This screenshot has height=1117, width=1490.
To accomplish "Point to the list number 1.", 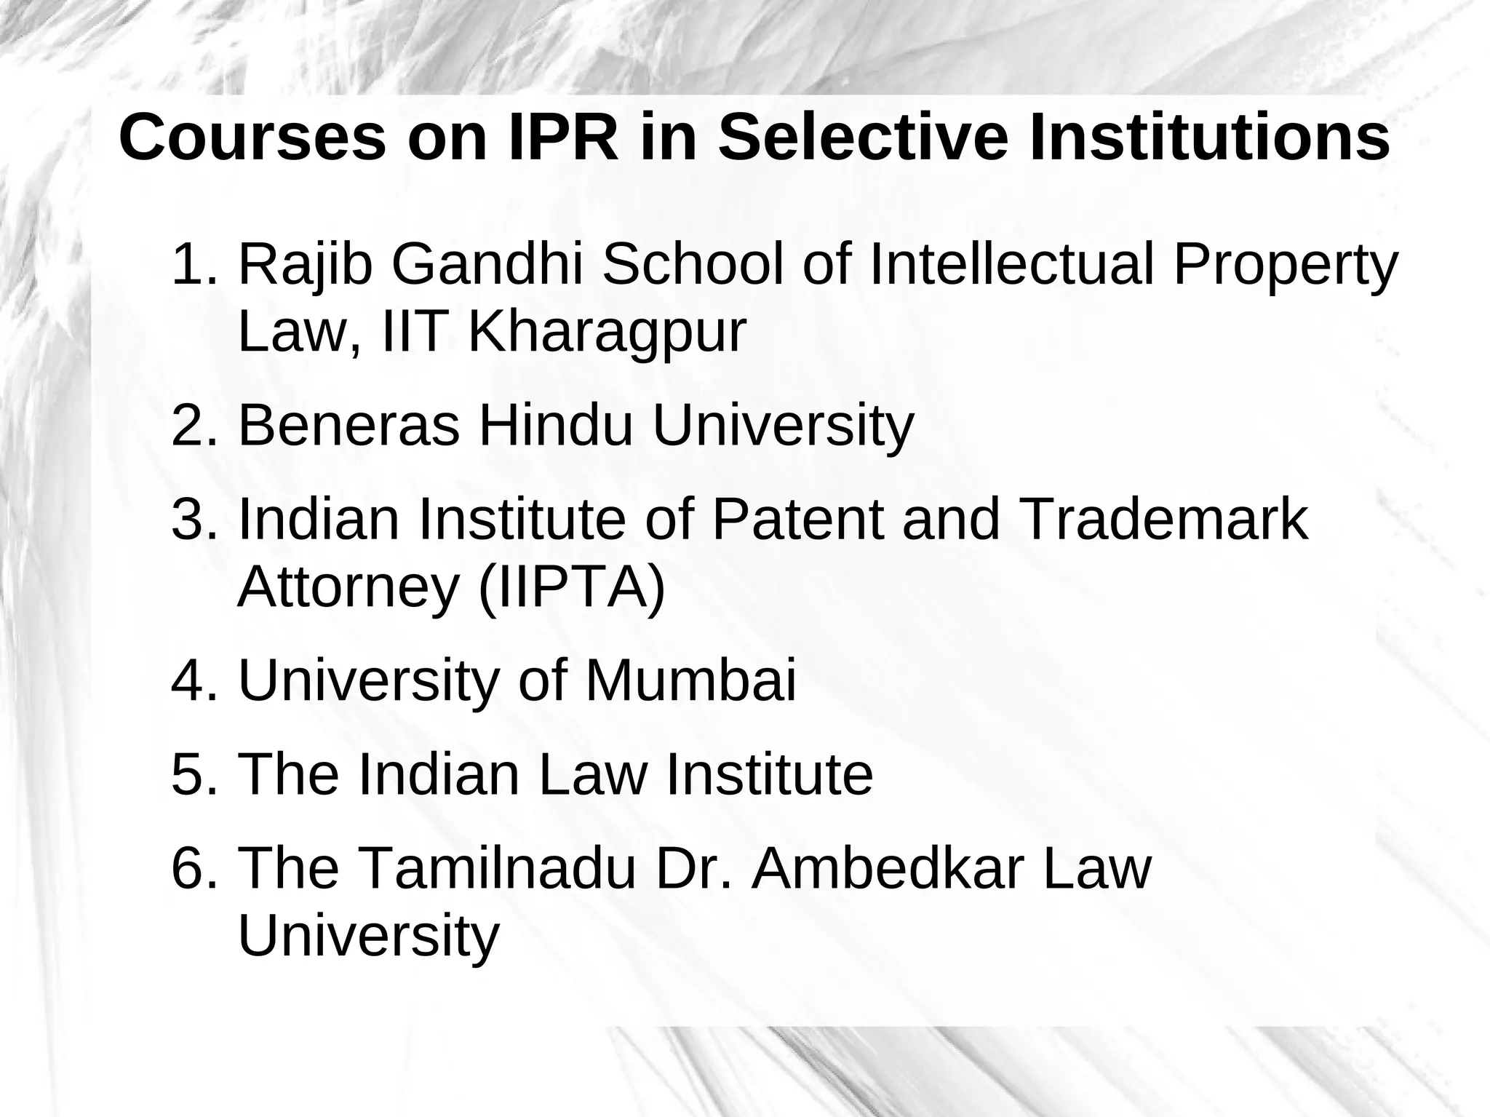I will coord(194,265).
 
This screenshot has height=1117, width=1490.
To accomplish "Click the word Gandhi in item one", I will coord(488,265).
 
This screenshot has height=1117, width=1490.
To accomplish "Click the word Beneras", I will coord(348,426).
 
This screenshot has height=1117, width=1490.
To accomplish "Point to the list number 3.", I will coord(194,520).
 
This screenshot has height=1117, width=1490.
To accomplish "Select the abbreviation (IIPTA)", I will coord(572,587).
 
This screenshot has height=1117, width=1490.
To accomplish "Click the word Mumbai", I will coord(690,681).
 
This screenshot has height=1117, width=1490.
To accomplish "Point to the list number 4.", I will coord(194,681).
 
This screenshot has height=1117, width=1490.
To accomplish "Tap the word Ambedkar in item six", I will coord(888,868).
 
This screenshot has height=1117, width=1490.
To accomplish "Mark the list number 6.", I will coord(194,868).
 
